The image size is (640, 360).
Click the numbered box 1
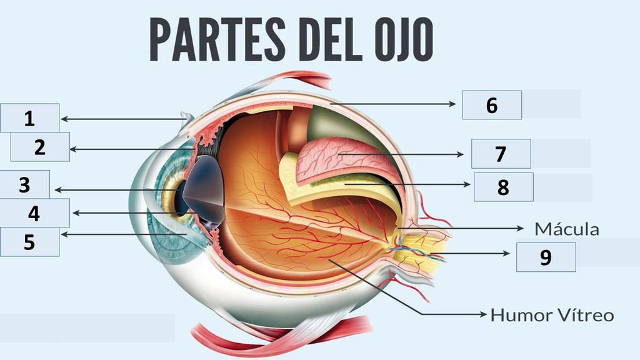[x=29, y=118]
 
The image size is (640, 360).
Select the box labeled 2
[x=40, y=147]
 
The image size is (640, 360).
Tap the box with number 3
[x=24, y=184]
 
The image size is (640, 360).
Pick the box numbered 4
[x=34, y=213]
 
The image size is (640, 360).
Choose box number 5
[x=29, y=242]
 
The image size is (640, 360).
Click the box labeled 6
[x=492, y=105]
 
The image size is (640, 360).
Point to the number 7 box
[x=501, y=154]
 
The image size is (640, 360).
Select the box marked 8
[x=503, y=187]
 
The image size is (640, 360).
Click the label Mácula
[x=566, y=229]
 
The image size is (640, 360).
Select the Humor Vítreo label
[x=552, y=314]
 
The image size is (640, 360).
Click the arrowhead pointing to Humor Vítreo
[x=482, y=314]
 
